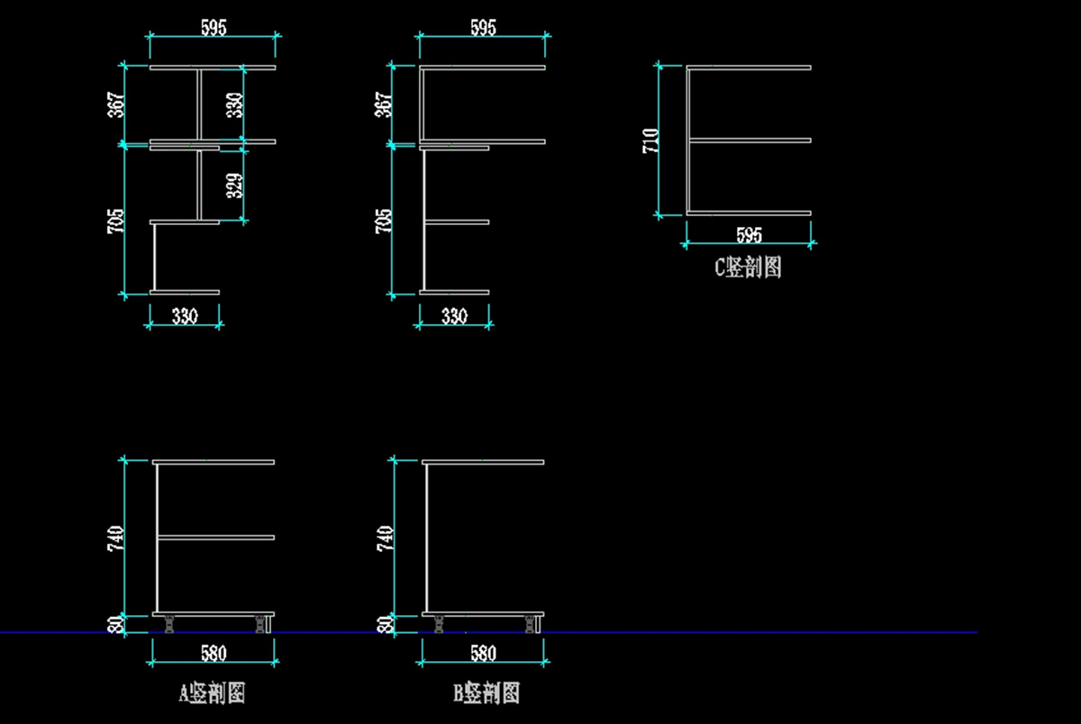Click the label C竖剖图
click(748, 267)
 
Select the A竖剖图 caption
click(213, 692)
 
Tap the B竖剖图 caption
click(486, 692)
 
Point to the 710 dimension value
click(651, 140)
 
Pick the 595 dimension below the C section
click(749, 235)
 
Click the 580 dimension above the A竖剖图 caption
click(213, 653)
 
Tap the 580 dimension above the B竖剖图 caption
click(483, 653)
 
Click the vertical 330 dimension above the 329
click(233, 104)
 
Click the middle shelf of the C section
click(750, 140)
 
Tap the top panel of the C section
click(750, 68)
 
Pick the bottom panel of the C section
click(750, 213)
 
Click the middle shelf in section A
click(216, 538)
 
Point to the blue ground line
click(721, 632)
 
